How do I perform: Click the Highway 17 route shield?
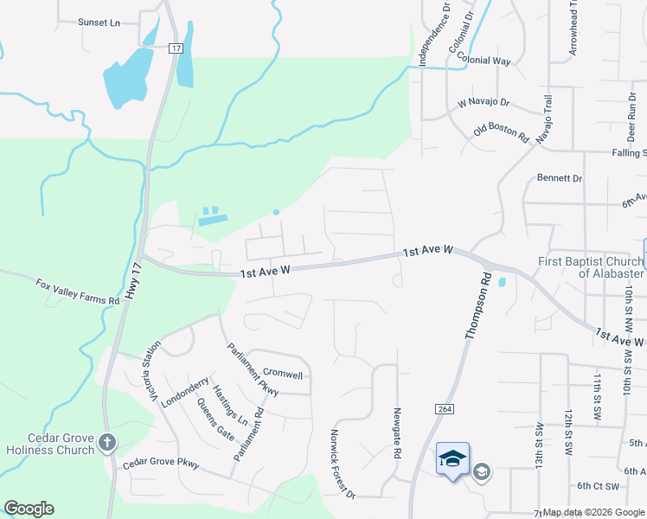pos(176,48)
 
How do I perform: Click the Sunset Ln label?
pos(99,22)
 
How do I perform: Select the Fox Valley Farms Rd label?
pos(77,292)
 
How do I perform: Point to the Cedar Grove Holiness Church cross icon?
pos(106,443)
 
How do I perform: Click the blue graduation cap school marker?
pos(452,458)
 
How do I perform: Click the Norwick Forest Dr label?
pos(343,464)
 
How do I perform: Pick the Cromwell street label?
pos(282,375)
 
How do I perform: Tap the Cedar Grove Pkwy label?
pos(161,464)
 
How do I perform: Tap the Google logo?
pos(29,509)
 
